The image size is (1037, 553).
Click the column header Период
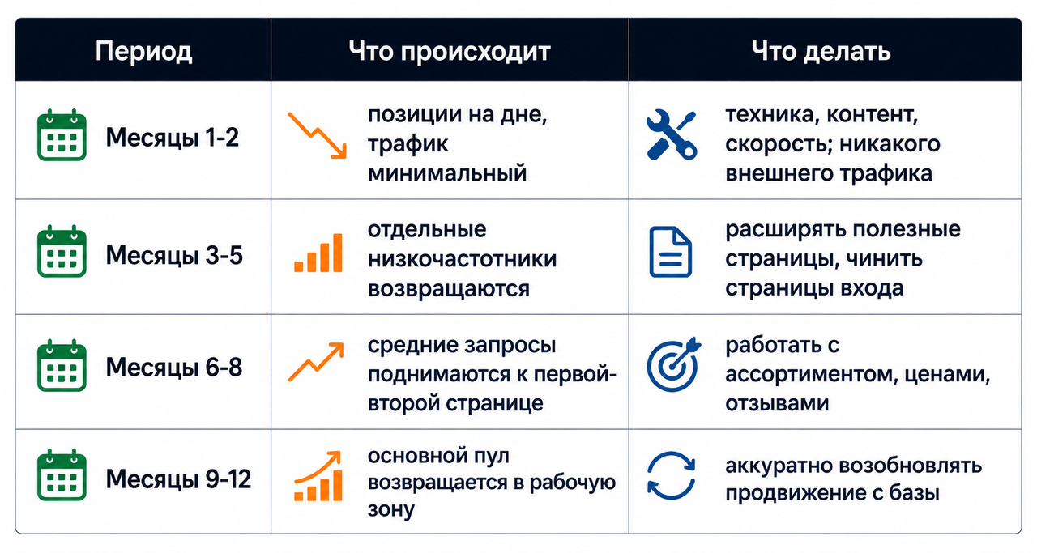[143, 52]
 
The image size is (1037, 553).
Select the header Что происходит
[450, 52]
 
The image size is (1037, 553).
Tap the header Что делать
[821, 51]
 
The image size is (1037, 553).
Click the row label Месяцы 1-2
[173, 138]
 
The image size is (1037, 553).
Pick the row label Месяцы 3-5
[174, 255]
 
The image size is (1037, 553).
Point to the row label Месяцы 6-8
[174, 368]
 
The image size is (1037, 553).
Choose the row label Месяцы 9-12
[178, 479]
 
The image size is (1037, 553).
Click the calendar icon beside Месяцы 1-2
[62, 135]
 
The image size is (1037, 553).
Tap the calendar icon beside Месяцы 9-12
[62, 474]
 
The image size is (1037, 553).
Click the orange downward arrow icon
[317, 135]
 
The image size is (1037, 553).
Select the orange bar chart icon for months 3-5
[318, 253]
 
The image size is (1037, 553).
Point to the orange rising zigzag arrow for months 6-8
[316, 362]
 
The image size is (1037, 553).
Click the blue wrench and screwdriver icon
[672, 135]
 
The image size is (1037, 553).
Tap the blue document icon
[670, 252]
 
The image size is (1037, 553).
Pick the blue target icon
[673, 364]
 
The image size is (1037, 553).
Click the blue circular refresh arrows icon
[671, 475]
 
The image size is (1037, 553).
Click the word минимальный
[447, 173]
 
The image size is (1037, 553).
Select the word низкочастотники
[462, 259]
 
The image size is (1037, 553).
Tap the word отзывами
[777, 403]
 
